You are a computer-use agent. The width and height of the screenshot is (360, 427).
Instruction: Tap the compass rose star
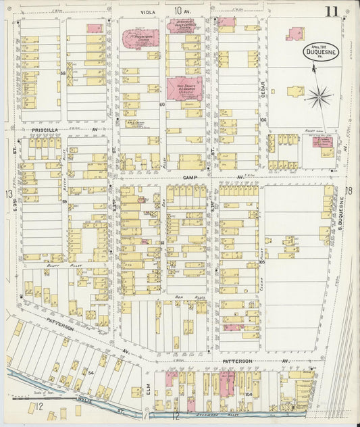click(x=318, y=97)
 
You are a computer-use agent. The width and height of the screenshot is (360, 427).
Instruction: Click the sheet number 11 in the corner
click(x=331, y=11)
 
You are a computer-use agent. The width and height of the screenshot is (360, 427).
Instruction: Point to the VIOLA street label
click(x=148, y=11)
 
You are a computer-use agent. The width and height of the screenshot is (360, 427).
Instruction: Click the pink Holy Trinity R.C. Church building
click(x=184, y=88)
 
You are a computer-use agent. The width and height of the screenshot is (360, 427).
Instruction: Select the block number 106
click(x=263, y=121)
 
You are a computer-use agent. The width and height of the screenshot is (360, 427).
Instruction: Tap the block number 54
click(x=90, y=372)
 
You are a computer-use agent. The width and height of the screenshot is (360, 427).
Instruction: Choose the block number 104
click(x=249, y=394)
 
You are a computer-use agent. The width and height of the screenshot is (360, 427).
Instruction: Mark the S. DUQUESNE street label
click(x=342, y=215)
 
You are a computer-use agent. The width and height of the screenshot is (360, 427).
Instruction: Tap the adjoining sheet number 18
click(x=349, y=191)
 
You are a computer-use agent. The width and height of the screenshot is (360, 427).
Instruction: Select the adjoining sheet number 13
click(x=9, y=195)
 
